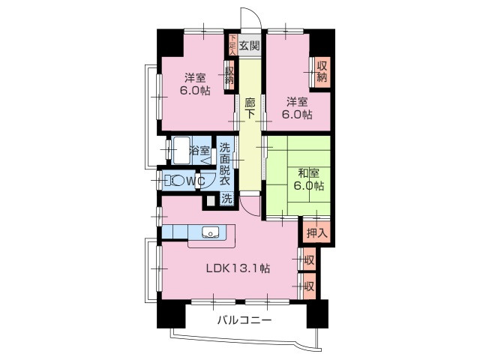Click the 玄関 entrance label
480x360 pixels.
(x=250, y=45)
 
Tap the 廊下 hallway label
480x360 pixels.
(x=250, y=108)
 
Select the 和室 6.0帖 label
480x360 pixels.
(x=307, y=178)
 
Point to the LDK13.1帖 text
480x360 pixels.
(x=238, y=268)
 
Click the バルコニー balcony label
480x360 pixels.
(x=244, y=320)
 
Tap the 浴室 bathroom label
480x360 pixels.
(x=199, y=150)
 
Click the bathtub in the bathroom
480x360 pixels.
(x=180, y=150)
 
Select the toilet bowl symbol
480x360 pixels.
(x=175, y=181)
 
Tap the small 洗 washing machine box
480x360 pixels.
(x=226, y=199)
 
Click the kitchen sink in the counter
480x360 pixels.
(x=211, y=231)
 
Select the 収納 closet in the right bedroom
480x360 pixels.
(x=321, y=71)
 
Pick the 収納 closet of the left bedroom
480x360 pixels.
(x=229, y=75)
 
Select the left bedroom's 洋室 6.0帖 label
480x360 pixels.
(x=194, y=83)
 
